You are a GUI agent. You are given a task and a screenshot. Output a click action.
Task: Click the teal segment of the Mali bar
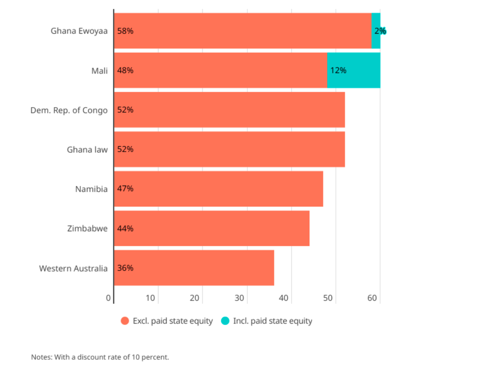pos(358,70)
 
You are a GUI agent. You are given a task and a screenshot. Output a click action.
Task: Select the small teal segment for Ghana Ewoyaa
pos(376,31)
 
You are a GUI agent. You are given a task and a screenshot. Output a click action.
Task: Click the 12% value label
pos(338,70)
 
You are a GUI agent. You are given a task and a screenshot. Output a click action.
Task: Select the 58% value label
pos(125,31)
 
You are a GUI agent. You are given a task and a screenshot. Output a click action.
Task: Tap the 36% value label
pos(125,268)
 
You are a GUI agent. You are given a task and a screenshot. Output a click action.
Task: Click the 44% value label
pos(125,228)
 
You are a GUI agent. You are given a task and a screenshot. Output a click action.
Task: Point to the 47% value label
pos(125,189)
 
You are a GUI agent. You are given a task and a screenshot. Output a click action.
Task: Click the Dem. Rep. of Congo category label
pos(69,110)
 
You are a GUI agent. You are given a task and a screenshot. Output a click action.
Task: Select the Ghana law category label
pos(87,150)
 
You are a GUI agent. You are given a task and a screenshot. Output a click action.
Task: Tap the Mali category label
pos(100,70)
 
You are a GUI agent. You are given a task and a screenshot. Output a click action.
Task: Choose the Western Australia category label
pos(73,268)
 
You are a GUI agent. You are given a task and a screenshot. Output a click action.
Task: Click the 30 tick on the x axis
pos(239,298)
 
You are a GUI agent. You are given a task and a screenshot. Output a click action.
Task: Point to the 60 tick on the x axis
pos(372,298)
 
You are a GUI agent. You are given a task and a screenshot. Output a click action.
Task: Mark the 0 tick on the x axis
pos(109,298)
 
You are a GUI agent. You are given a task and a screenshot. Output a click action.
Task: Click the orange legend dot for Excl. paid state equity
pos(125,321)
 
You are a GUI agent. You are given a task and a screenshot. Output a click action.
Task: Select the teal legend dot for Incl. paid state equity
pos(225,321)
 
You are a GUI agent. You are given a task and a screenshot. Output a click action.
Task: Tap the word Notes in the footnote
pos(41,357)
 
